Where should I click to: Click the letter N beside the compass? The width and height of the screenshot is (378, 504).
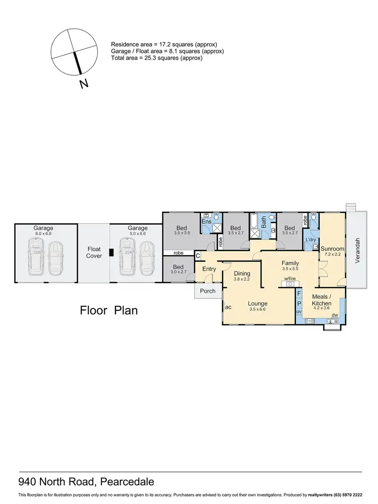(x=84, y=84)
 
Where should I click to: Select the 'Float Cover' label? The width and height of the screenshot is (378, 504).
(x=94, y=253)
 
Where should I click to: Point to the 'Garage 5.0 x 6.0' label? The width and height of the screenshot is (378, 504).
(x=137, y=230)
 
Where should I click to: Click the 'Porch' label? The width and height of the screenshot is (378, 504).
(x=208, y=291)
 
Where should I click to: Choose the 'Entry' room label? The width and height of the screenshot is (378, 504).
(x=209, y=269)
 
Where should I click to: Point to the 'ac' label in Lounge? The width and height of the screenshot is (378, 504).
(x=228, y=306)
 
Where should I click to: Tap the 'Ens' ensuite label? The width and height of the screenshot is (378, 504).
(x=207, y=221)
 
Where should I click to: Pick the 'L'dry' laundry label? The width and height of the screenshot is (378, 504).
(x=311, y=239)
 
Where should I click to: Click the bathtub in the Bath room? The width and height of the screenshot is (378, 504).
(x=254, y=221)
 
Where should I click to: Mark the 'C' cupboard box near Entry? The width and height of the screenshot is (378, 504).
(x=198, y=256)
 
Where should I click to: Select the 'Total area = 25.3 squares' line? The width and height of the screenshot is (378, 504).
(x=157, y=58)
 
